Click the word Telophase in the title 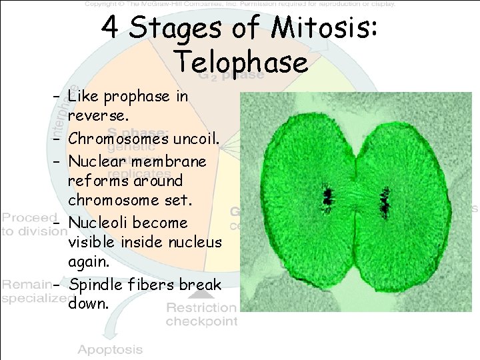click(x=241, y=62)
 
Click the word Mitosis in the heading click(x=325, y=28)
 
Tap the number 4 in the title click(x=109, y=28)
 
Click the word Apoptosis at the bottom click(x=110, y=349)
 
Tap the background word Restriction click(x=201, y=308)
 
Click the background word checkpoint click(x=201, y=321)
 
